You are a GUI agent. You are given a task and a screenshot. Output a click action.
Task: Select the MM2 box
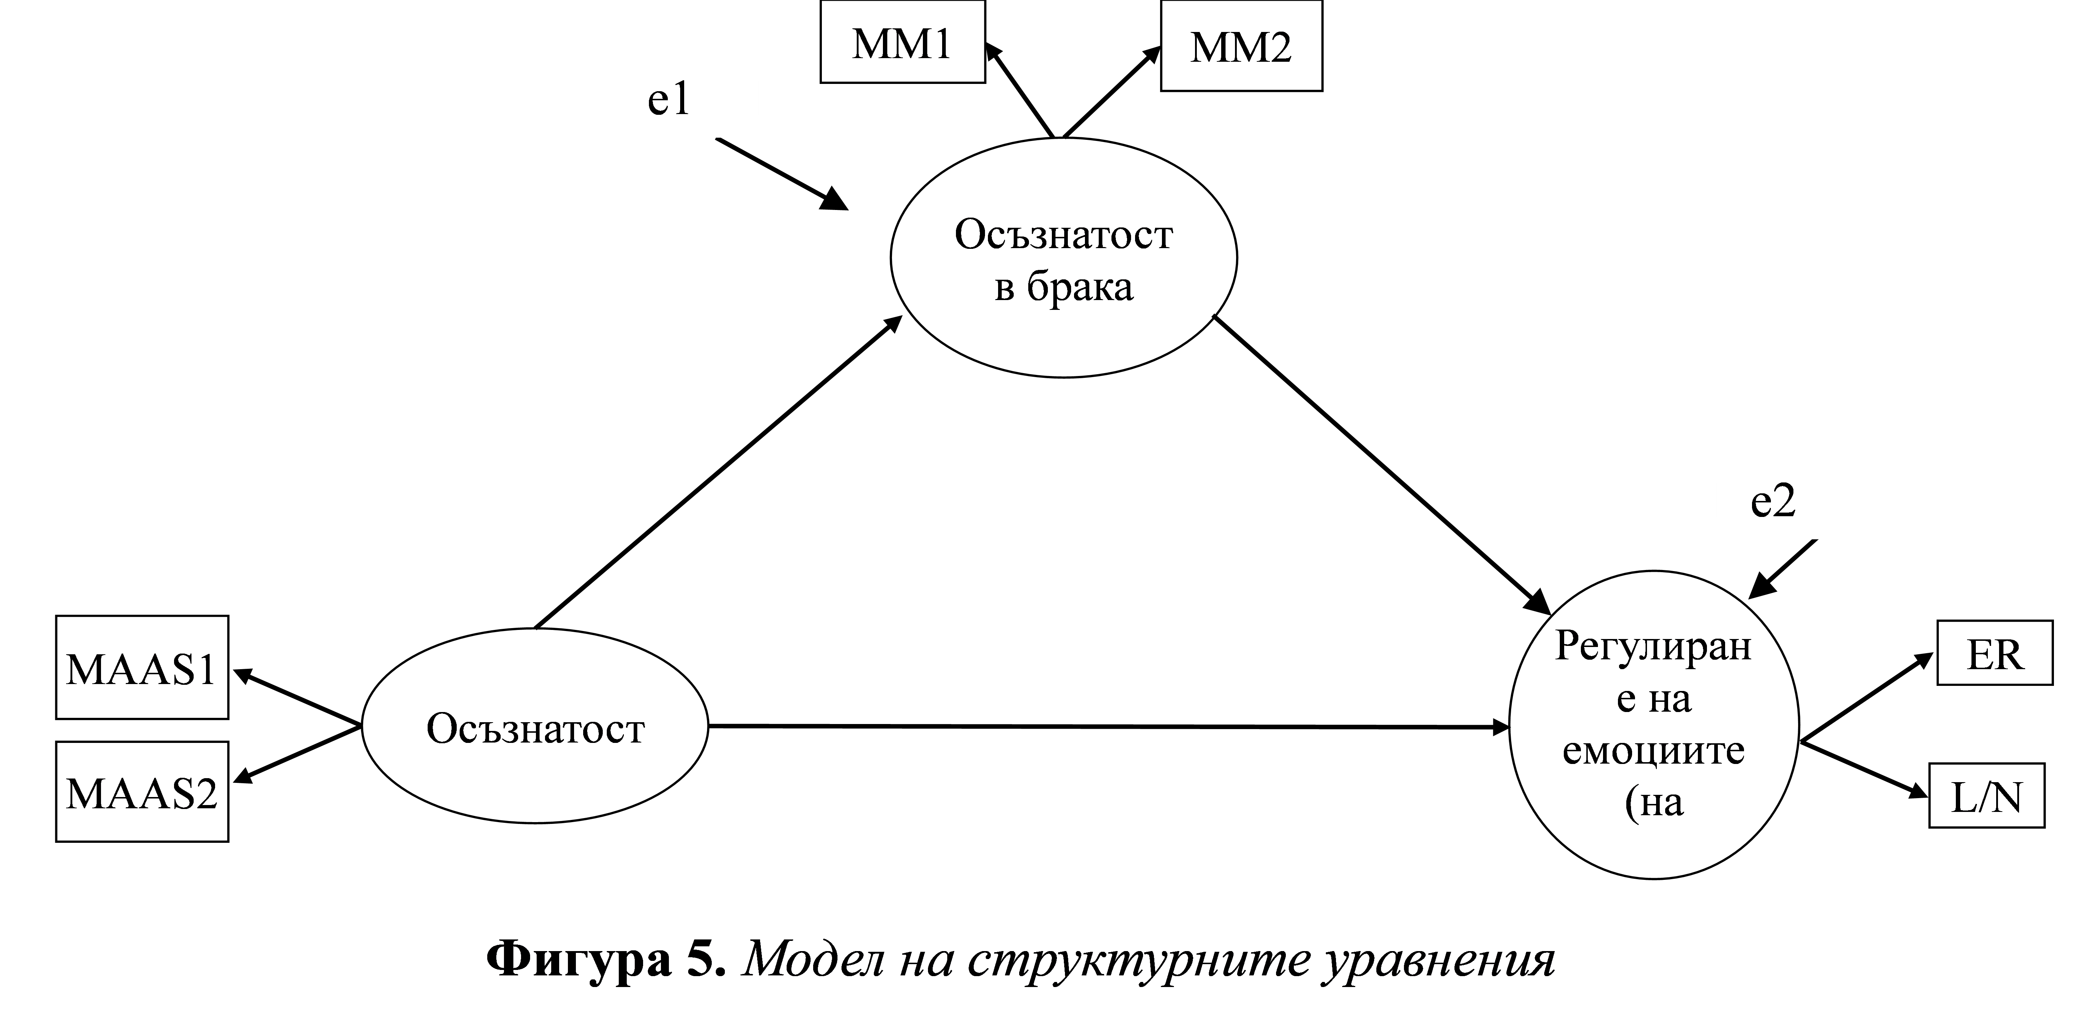coord(1241,45)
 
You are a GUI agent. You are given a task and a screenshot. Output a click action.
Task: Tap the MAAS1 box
coord(142,667)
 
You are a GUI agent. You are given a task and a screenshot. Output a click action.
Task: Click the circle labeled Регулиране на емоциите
coord(1509,724)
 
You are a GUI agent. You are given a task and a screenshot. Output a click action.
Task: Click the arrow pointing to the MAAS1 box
coord(296,696)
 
